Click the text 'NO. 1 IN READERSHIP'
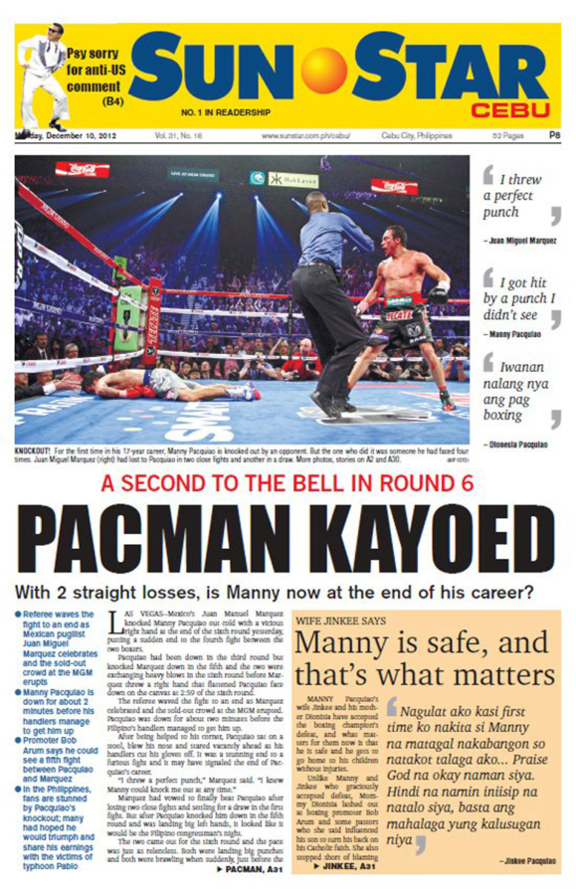pos(226,113)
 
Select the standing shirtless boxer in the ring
pos(404,311)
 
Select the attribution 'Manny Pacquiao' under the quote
pos(515,334)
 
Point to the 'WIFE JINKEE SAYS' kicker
pos(341,621)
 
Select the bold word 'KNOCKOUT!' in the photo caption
pos(34,450)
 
